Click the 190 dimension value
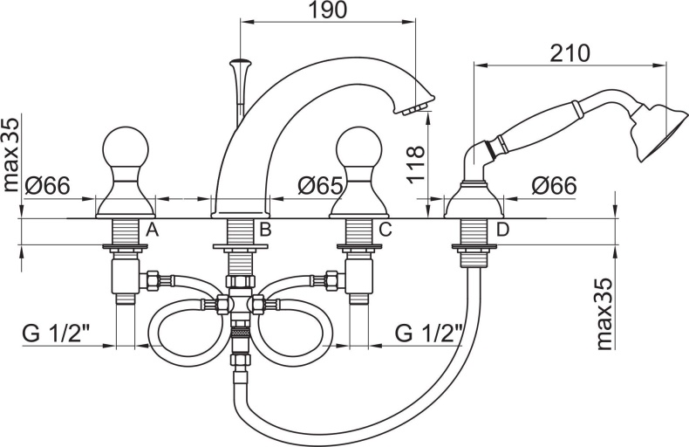tap(327, 10)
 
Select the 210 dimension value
tap(570, 53)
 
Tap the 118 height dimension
tap(416, 164)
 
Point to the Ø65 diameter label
tap(320, 185)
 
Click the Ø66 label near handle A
tap(47, 186)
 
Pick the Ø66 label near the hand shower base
tap(554, 185)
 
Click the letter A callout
tap(152, 230)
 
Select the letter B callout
tap(265, 230)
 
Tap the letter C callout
tap(385, 230)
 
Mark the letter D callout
tap(502, 230)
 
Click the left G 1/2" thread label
tap(56, 334)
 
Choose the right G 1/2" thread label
tap(429, 334)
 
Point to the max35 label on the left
tap(11, 155)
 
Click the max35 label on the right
tap(605, 313)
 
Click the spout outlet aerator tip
tap(415, 108)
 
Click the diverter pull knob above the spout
tap(242, 61)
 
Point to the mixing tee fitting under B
tap(239, 304)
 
